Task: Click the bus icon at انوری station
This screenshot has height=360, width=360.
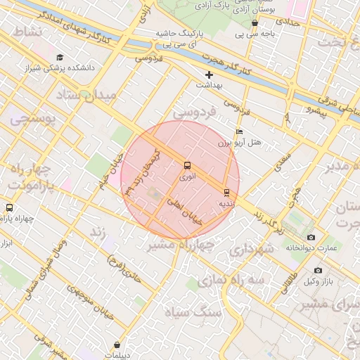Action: coord(186,165)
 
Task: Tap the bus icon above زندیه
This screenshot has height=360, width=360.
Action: coord(226,192)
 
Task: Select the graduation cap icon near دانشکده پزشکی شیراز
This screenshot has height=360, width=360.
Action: coord(60,57)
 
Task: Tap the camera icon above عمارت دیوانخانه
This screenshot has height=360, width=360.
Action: coord(311,237)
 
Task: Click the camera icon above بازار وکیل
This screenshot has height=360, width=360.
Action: coord(318,271)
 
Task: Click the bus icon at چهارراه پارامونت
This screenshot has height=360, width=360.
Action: coord(9,208)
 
